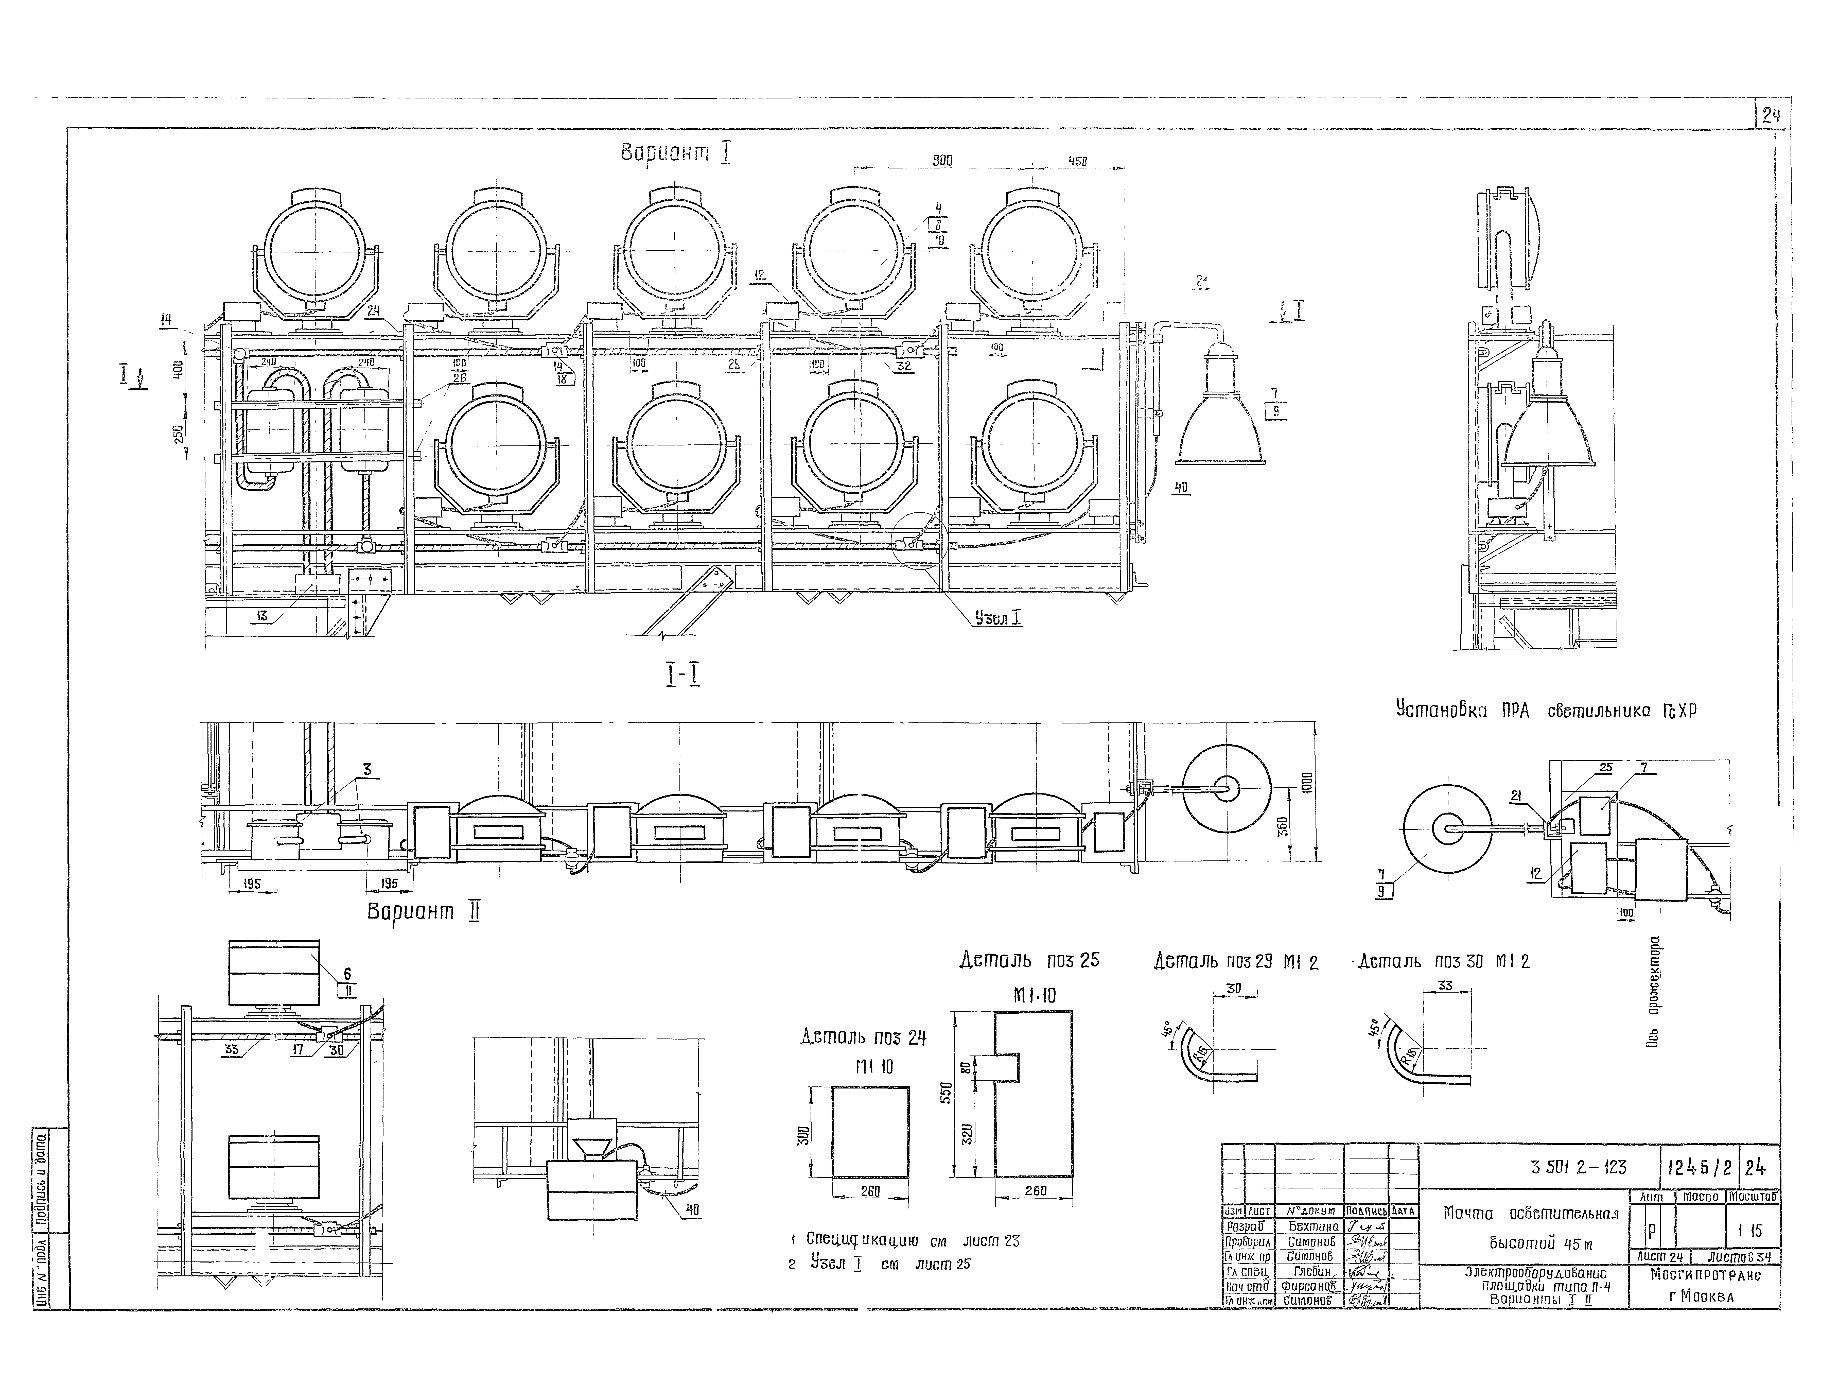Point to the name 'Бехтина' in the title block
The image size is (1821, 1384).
[x=1313, y=1227]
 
